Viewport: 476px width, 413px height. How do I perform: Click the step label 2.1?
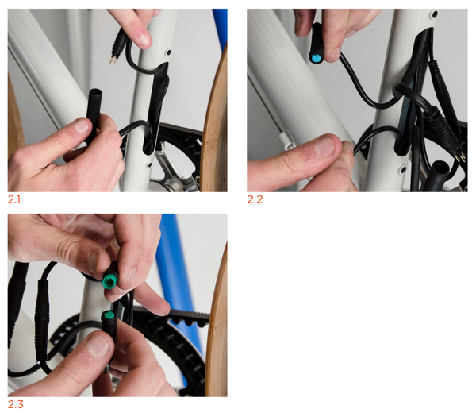(x=14, y=199)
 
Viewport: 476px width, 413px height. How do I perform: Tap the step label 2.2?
(x=255, y=199)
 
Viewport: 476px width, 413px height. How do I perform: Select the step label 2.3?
(x=15, y=404)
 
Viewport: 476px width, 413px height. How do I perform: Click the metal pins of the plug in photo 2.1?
(x=112, y=61)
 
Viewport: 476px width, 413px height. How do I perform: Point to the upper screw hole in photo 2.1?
(x=168, y=53)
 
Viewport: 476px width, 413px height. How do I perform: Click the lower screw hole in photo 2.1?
(x=149, y=165)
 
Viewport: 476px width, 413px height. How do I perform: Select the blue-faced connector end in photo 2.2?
(x=316, y=57)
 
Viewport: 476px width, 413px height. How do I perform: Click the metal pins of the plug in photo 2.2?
(x=461, y=156)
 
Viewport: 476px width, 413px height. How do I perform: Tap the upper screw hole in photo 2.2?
(x=436, y=14)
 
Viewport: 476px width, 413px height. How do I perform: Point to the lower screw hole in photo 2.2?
(x=403, y=169)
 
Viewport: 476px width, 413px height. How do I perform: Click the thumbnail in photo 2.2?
(x=324, y=146)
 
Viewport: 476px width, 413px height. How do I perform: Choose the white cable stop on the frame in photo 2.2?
(x=285, y=140)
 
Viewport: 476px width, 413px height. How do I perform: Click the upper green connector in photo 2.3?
(x=110, y=280)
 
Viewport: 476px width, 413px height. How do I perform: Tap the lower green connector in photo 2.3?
(x=109, y=316)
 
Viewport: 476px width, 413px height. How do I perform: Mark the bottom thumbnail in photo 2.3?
(x=98, y=345)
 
